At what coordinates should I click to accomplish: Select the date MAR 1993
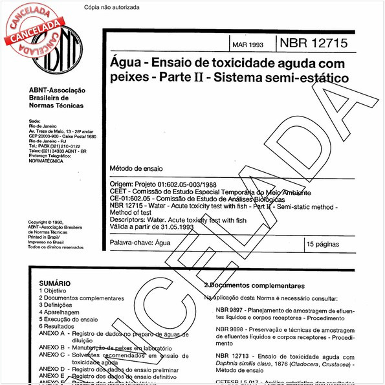pos(247,46)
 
